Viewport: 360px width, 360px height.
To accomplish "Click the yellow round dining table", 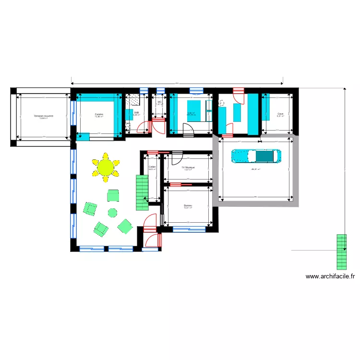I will click(x=106, y=167).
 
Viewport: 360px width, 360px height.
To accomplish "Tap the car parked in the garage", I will click(x=255, y=156).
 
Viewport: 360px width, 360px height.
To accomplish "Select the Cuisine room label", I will click(x=99, y=114).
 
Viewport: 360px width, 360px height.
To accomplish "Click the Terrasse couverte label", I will click(x=43, y=116).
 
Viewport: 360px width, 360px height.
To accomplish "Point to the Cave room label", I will click(x=280, y=114).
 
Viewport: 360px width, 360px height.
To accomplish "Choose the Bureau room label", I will click(x=188, y=205).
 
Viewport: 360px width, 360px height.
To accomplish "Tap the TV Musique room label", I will click(x=188, y=167).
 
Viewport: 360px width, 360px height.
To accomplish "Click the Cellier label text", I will click(x=152, y=167).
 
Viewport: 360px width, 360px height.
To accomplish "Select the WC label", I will click(x=159, y=102).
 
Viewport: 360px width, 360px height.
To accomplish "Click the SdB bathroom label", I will click(x=136, y=112).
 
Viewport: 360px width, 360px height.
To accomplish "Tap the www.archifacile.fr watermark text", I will click(x=330, y=276).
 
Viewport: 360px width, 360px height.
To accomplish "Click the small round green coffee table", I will click(x=112, y=212).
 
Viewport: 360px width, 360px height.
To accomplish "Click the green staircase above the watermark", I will click(x=341, y=251).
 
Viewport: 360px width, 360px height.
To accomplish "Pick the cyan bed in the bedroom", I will click(x=193, y=111).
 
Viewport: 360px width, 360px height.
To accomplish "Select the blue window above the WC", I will click(x=159, y=90).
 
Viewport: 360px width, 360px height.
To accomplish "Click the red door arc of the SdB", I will click(x=142, y=127).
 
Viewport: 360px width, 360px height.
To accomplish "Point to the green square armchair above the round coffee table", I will click(x=113, y=195).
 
